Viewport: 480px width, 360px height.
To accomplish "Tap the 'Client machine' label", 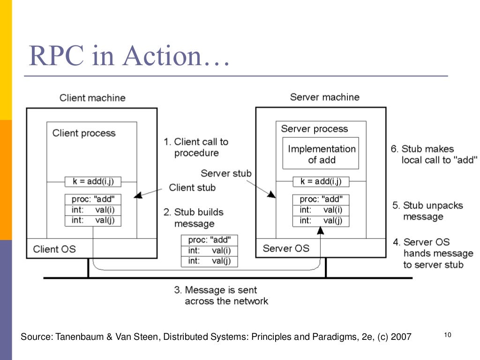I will pyautogui.click(x=92, y=98).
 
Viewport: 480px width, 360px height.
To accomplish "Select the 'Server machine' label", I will pyautogui.click(x=324, y=97).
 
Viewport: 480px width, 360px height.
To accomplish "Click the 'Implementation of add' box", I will pyautogui.click(x=322, y=154).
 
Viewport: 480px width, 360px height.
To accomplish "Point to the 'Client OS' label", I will pyautogui.click(x=54, y=249).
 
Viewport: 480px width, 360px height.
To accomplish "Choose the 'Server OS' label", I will pyautogui.click(x=285, y=248).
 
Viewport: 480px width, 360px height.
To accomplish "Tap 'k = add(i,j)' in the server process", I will pyautogui.click(x=321, y=181).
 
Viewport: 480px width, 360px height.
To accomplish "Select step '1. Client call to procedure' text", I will pyautogui.click(x=196, y=147).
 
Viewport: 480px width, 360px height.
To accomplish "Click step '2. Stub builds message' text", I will pyautogui.click(x=194, y=217).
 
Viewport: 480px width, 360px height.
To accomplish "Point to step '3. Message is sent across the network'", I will pyautogui.click(x=221, y=295).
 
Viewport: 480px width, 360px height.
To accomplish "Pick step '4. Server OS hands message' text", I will pyautogui.click(x=433, y=253).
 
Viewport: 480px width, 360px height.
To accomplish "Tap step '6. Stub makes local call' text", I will pyautogui.click(x=434, y=154).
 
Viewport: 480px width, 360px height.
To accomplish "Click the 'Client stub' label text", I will pyautogui.click(x=192, y=187).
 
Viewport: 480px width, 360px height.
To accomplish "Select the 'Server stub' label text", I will pyautogui.click(x=226, y=173).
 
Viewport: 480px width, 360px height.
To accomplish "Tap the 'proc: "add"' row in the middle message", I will pyautogui.click(x=209, y=240).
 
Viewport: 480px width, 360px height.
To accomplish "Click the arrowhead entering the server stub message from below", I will pyautogui.click(x=321, y=230).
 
